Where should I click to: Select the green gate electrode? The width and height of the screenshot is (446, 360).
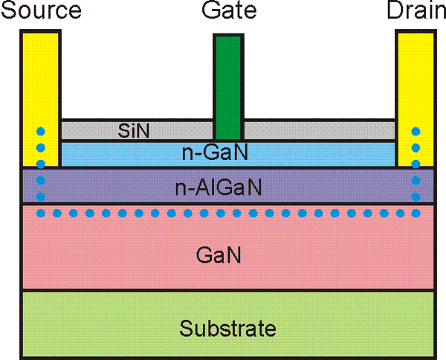[228, 82]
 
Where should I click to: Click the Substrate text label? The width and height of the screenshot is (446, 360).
[227, 328]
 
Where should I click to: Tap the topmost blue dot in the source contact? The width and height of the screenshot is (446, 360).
[41, 132]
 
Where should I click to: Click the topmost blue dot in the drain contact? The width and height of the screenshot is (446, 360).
[415, 132]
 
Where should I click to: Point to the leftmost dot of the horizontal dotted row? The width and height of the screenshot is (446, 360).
[41, 213]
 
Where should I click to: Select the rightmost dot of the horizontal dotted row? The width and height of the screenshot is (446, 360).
[415, 213]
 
